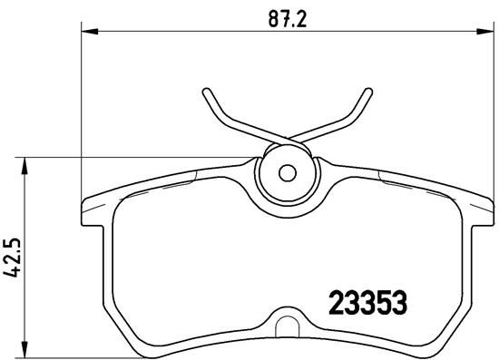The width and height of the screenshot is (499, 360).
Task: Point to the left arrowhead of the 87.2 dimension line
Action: [88, 33]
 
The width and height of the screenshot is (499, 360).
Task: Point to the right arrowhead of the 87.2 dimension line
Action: [487, 33]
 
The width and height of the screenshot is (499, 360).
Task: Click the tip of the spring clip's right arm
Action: [368, 91]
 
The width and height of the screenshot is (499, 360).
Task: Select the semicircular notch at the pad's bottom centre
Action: [289, 322]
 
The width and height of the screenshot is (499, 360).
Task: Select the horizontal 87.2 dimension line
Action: [181, 33]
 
